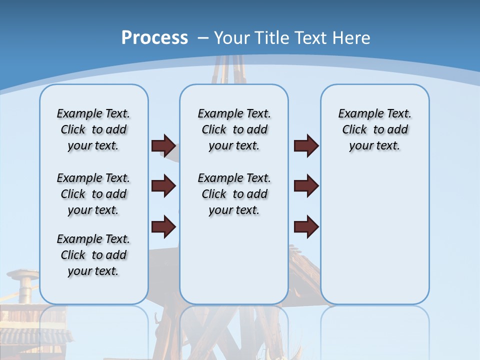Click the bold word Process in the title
pyautogui.click(x=154, y=38)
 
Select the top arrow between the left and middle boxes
pyautogui.click(x=163, y=145)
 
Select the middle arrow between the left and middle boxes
pyautogui.click(x=163, y=186)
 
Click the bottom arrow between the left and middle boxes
pyautogui.click(x=163, y=227)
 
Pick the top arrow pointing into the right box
pyautogui.click(x=306, y=145)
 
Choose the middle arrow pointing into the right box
pyautogui.click(x=306, y=186)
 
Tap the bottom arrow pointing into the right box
pyautogui.click(x=306, y=227)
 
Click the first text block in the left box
pyautogui.click(x=93, y=129)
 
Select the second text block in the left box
pyautogui.click(x=93, y=194)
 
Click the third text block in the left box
pyautogui.click(x=93, y=255)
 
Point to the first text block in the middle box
pyautogui.click(x=234, y=129)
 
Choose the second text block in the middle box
pyautogui.click(x=234, y=194)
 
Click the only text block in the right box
pyautogui.click(x=375, y=129)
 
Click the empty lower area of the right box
pyautogui.click(x=375, y=235)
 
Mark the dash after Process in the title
pyautogui.click(x=203, y=38)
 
